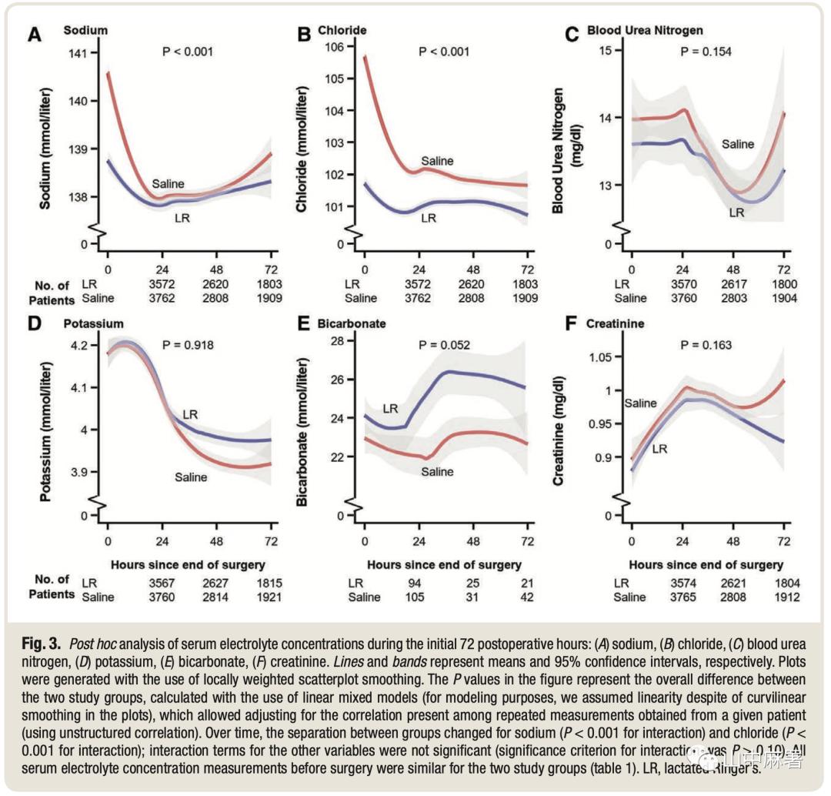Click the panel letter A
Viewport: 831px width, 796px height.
click(35, 35)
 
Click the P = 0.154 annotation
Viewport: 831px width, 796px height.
click(706, 52)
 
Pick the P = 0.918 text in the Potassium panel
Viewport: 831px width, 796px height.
click(187, 345)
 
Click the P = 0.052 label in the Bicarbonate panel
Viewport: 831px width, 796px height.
click(444, 345)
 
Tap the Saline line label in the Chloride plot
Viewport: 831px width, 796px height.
click(437, 161)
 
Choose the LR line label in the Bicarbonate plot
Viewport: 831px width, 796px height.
click(391, 408)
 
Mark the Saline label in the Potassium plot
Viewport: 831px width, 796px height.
click(190, 477)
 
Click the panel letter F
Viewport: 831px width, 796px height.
click(570, 322)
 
